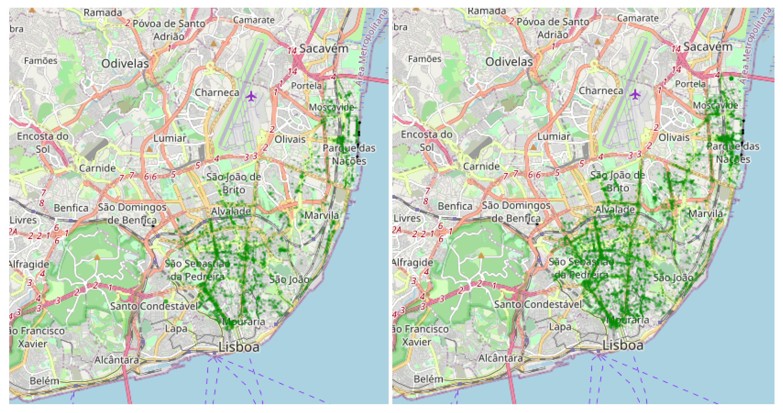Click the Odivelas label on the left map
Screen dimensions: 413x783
tap(125, 63)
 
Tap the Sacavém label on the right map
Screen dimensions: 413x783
tap(708, 47)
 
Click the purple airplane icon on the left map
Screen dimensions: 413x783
tap(251, 96)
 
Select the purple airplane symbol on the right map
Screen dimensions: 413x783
tap(635, 95)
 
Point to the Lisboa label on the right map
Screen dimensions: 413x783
tap(623, 345)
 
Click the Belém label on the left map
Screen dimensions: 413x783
tap(44, 381)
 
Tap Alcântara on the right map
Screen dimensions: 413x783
tap(501, 358)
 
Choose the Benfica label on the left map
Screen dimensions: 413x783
tap(71, 208)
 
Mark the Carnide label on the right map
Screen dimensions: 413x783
tap(481, 166)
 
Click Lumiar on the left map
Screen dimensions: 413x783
tap(170, 138)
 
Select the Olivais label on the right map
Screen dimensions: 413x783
tap(674, 137)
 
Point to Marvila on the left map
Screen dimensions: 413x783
tap(322, 215)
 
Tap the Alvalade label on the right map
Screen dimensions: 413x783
tap(615, 209)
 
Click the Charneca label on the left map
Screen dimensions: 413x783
tap(217, 93)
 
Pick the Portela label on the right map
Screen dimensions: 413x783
tap(690, 84)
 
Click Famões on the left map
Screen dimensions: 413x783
tap(41, 61)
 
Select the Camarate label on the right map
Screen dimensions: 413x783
tap(638, 18)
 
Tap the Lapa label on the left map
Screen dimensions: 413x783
tap(176, 328)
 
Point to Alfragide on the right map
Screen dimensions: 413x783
tap(412, 262)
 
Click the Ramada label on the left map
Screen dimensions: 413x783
tap(103, 13)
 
